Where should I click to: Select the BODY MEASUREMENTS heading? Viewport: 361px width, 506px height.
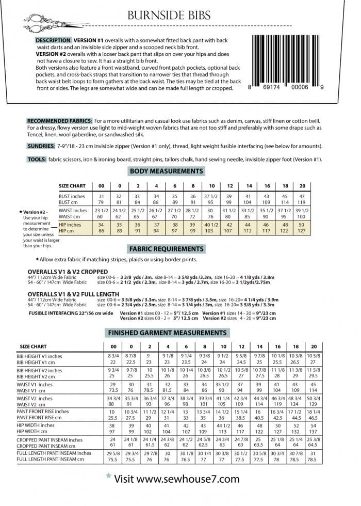point(167,171)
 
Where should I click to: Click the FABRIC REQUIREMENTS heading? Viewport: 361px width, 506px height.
point(167,249)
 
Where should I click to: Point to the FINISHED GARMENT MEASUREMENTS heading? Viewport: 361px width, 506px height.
point(167,333)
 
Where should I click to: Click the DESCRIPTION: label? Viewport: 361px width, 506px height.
point(54,40)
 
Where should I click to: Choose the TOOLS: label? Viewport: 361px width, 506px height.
point(37,160)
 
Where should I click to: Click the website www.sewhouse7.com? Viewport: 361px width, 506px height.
point(176,479)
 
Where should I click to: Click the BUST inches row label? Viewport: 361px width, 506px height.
point(72,197)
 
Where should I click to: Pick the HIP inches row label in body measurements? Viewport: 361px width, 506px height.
point(71,225)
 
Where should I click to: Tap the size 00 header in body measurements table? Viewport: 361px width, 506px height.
point(101,186)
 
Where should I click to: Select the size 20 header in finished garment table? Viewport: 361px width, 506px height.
point(314,346)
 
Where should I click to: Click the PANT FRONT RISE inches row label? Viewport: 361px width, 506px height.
point(42,412)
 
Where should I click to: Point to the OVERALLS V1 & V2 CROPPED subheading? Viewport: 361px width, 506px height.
point(67,272)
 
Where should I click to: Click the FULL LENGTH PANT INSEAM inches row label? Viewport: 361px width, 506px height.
point(54,453)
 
